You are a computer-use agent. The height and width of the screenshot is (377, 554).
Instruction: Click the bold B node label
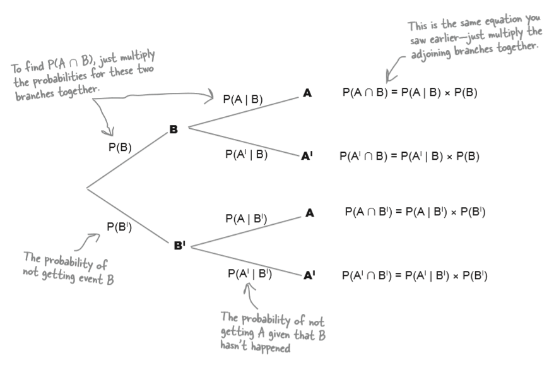pyautogui.click(x=173, y=129)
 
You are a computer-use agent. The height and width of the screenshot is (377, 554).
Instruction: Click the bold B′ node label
pyautogui.click(x=179, y=246)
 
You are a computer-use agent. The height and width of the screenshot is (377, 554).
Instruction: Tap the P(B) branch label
pyautogui.click(x=120, y=148)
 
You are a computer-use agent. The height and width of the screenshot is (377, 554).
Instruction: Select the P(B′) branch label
pyautogui.click(x=119, y=227)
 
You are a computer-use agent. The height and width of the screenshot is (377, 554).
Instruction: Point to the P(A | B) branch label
pyautogui.click(x=243, y=99)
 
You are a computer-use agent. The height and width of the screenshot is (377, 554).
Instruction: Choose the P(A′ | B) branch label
pyautogui.click(x=246, y=153)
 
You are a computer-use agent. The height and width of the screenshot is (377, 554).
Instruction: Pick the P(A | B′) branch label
pyautogui.click(x=246, y=218)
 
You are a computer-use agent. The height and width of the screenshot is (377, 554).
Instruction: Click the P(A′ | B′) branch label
pyautogui.click(x=249, y=273)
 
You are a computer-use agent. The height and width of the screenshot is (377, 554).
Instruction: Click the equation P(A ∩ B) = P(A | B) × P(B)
pyautogui.click(x=410, y=92)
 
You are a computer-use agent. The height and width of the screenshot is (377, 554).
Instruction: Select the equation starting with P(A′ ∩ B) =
pyautogui.click(x=409, y=156)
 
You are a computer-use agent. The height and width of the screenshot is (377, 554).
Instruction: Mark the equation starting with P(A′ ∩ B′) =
pyautogui.click(x=415, y=275)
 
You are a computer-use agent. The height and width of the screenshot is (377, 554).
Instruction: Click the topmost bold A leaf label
pyautogui.click(x=307, y=93)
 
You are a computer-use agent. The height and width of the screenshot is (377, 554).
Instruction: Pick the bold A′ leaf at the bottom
pyautogui.click(x=309, y=275)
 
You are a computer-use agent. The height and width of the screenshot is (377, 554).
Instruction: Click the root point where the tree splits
pyautogui.click(x=87, y=188)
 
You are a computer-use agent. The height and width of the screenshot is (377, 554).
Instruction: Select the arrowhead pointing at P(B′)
pyautogui.click(x=97, y=236)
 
